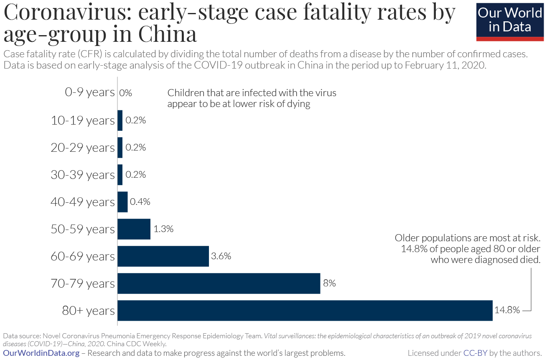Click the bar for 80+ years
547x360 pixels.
[x=305, y=311]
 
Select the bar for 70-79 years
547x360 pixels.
[x=219, y=283]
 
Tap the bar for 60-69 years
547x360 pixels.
[x=163, y=256]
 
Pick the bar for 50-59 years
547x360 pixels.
[x=134, y=229]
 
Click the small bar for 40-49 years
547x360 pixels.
[x=122, y=202]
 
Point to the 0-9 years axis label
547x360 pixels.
[x=89, y=92]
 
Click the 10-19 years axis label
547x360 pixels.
[x=82, y=120]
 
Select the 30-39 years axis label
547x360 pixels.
[x=82, y=175]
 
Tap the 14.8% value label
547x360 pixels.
[x=507, y=310]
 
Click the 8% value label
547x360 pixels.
[x=329, y=283]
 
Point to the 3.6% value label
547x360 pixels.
[x=221, y=256]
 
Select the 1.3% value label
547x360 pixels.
[x=163, y=229]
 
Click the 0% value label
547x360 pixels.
[x=125, y=93]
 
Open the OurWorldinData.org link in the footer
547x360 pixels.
[x=41, y=353]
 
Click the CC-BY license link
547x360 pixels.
[x=475, y=353]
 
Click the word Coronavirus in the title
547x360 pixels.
[x=67, y=13]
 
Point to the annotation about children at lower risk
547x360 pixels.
[x=252, y=98]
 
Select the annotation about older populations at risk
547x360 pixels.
[x=468, y=249]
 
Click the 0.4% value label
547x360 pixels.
[x=140, y=202]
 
